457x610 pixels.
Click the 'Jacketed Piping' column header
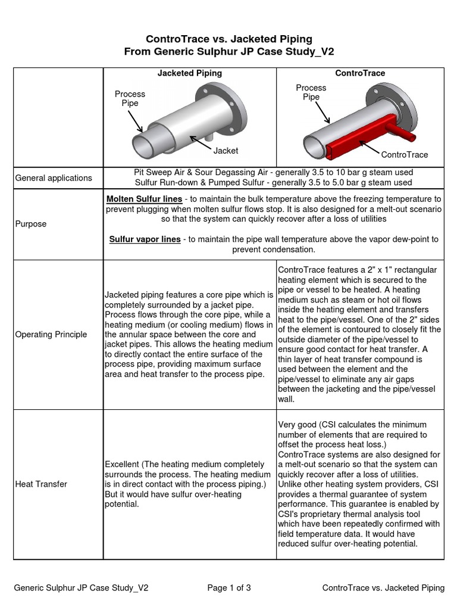(x=189, y=73)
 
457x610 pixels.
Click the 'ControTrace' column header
(x=360, y=73)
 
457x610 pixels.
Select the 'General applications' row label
(x=54, y=178)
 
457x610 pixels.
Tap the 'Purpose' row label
(x=31, y=224)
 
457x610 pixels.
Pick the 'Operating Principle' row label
(x=51, y=334)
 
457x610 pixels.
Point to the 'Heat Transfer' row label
(x=41, y=484)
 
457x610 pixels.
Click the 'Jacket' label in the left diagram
(x=226, y=151)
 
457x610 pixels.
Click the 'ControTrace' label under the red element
(x=405, y=155)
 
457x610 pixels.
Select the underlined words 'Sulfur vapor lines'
(x=145, y=239)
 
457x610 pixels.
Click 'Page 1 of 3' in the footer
(x=229, y=588)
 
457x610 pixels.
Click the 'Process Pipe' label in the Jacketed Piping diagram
(x=130, y=98)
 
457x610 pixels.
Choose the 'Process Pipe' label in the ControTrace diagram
(x=311, y=92)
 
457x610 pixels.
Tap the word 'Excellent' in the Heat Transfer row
(x=123, y=463)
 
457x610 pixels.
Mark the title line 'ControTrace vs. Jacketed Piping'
(x=228, y=39)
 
